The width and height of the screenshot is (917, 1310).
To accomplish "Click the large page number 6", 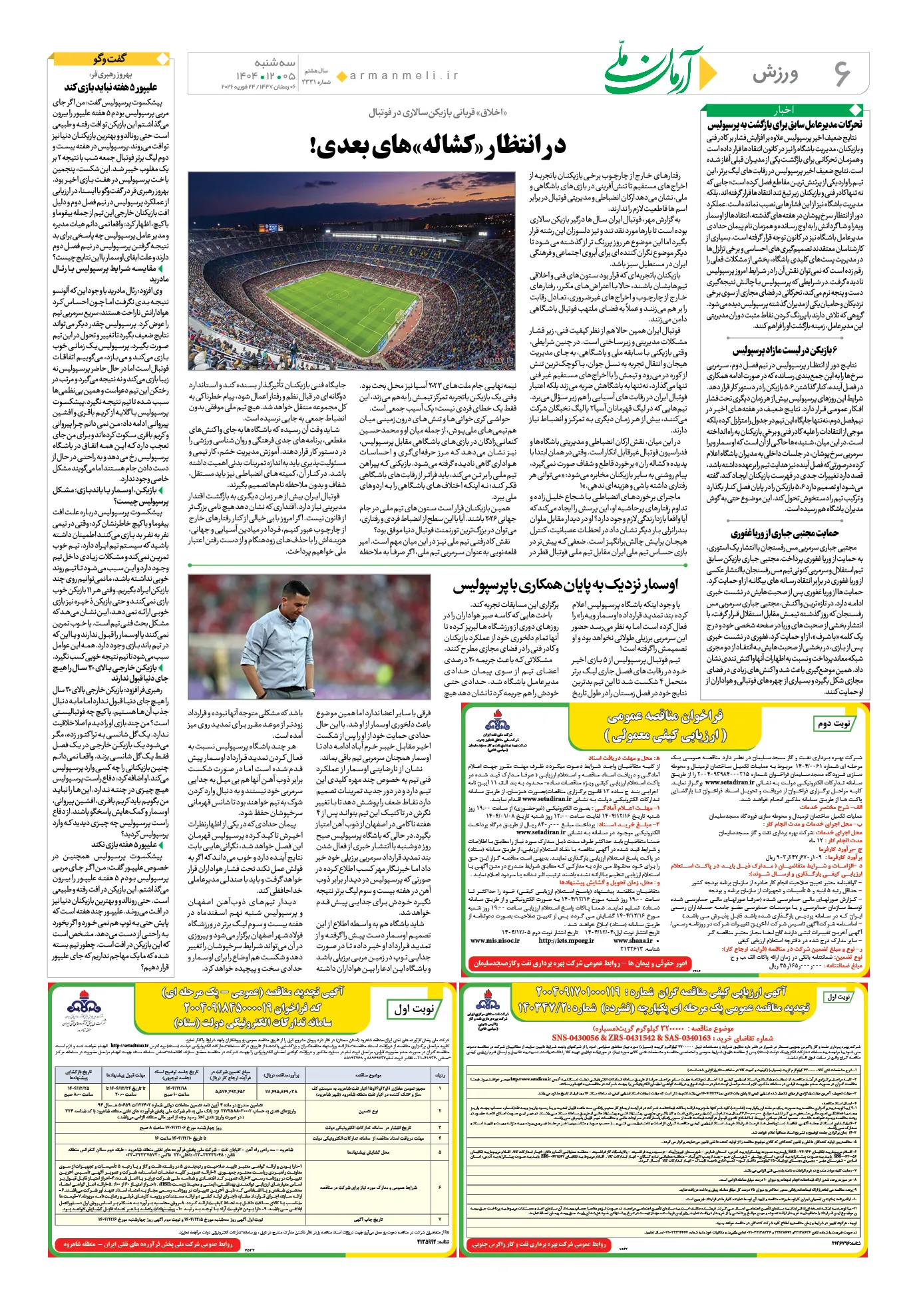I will [841, 73].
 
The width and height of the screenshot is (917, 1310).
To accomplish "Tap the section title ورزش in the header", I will [776, 74].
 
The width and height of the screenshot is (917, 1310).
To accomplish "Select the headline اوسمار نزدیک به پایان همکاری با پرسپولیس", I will [566, 585].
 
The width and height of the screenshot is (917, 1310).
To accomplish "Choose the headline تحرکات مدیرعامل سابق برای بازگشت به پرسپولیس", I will [785, 124].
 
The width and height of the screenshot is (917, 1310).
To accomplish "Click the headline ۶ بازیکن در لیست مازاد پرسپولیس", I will [785, 351].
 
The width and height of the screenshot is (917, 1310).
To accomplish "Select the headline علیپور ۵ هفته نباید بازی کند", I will [110, 87].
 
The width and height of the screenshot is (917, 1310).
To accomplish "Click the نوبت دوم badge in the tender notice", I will [834, 724].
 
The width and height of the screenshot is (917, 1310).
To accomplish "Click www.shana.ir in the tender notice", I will [632, 941].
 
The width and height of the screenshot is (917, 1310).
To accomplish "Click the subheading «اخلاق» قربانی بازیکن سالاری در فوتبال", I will [437, 112].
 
